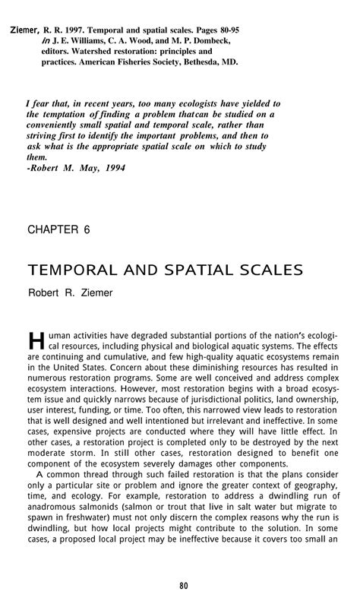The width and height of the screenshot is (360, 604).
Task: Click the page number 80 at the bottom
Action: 180,585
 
